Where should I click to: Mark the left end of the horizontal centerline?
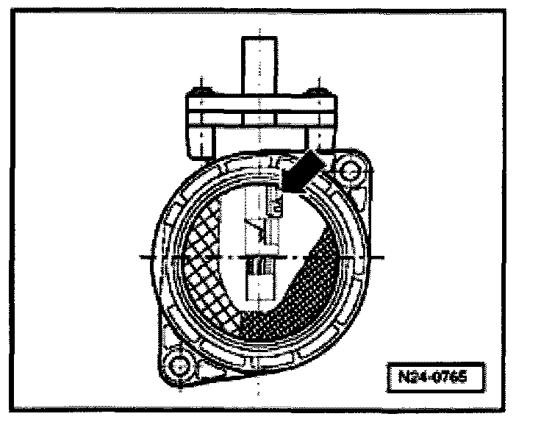point(140,257)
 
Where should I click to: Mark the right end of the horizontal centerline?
point(384,257)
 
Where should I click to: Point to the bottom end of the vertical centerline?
point(257,393)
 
